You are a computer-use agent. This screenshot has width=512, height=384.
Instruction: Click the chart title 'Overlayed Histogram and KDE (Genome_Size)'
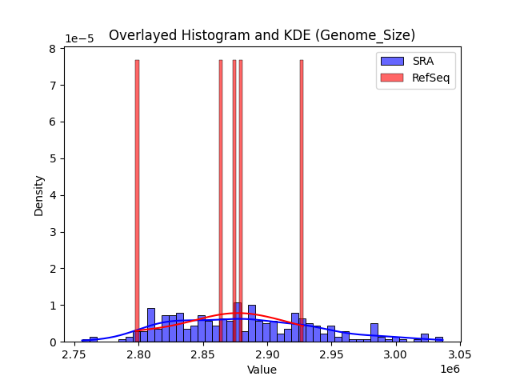262,35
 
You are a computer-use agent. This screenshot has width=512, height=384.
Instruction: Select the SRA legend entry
416,60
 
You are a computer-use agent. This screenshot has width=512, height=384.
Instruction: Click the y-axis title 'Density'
38,195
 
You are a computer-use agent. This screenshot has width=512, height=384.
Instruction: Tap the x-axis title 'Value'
262,370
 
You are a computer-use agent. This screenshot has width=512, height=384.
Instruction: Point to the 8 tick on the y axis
52,49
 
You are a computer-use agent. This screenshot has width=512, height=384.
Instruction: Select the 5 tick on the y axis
52,158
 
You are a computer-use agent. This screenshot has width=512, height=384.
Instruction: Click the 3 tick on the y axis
52,232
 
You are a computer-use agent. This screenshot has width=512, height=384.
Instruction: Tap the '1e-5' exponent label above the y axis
79,38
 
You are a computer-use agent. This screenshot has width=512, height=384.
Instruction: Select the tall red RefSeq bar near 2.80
137,200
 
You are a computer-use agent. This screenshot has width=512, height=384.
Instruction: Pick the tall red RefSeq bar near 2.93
302,200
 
